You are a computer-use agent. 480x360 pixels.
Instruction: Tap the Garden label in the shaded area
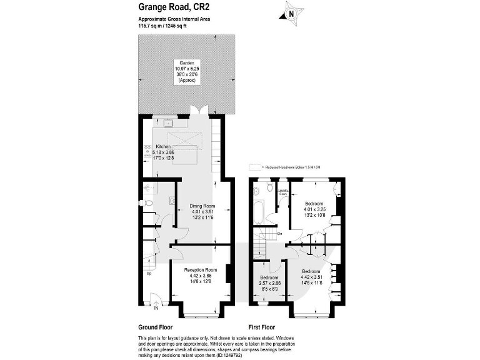pos(186,64)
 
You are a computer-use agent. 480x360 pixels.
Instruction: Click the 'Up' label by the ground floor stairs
pos(148,273)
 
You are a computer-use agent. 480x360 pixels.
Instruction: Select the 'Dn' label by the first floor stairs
pos(279,234)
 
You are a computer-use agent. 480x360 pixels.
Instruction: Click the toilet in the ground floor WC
pos(144,204)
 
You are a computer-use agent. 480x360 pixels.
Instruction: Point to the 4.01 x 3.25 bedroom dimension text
pos(314,209)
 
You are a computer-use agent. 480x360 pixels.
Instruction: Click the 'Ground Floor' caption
pos(155,327)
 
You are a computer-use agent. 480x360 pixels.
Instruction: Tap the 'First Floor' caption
pos(262,327)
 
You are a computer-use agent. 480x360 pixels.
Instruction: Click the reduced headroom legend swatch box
pos(254,167)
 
